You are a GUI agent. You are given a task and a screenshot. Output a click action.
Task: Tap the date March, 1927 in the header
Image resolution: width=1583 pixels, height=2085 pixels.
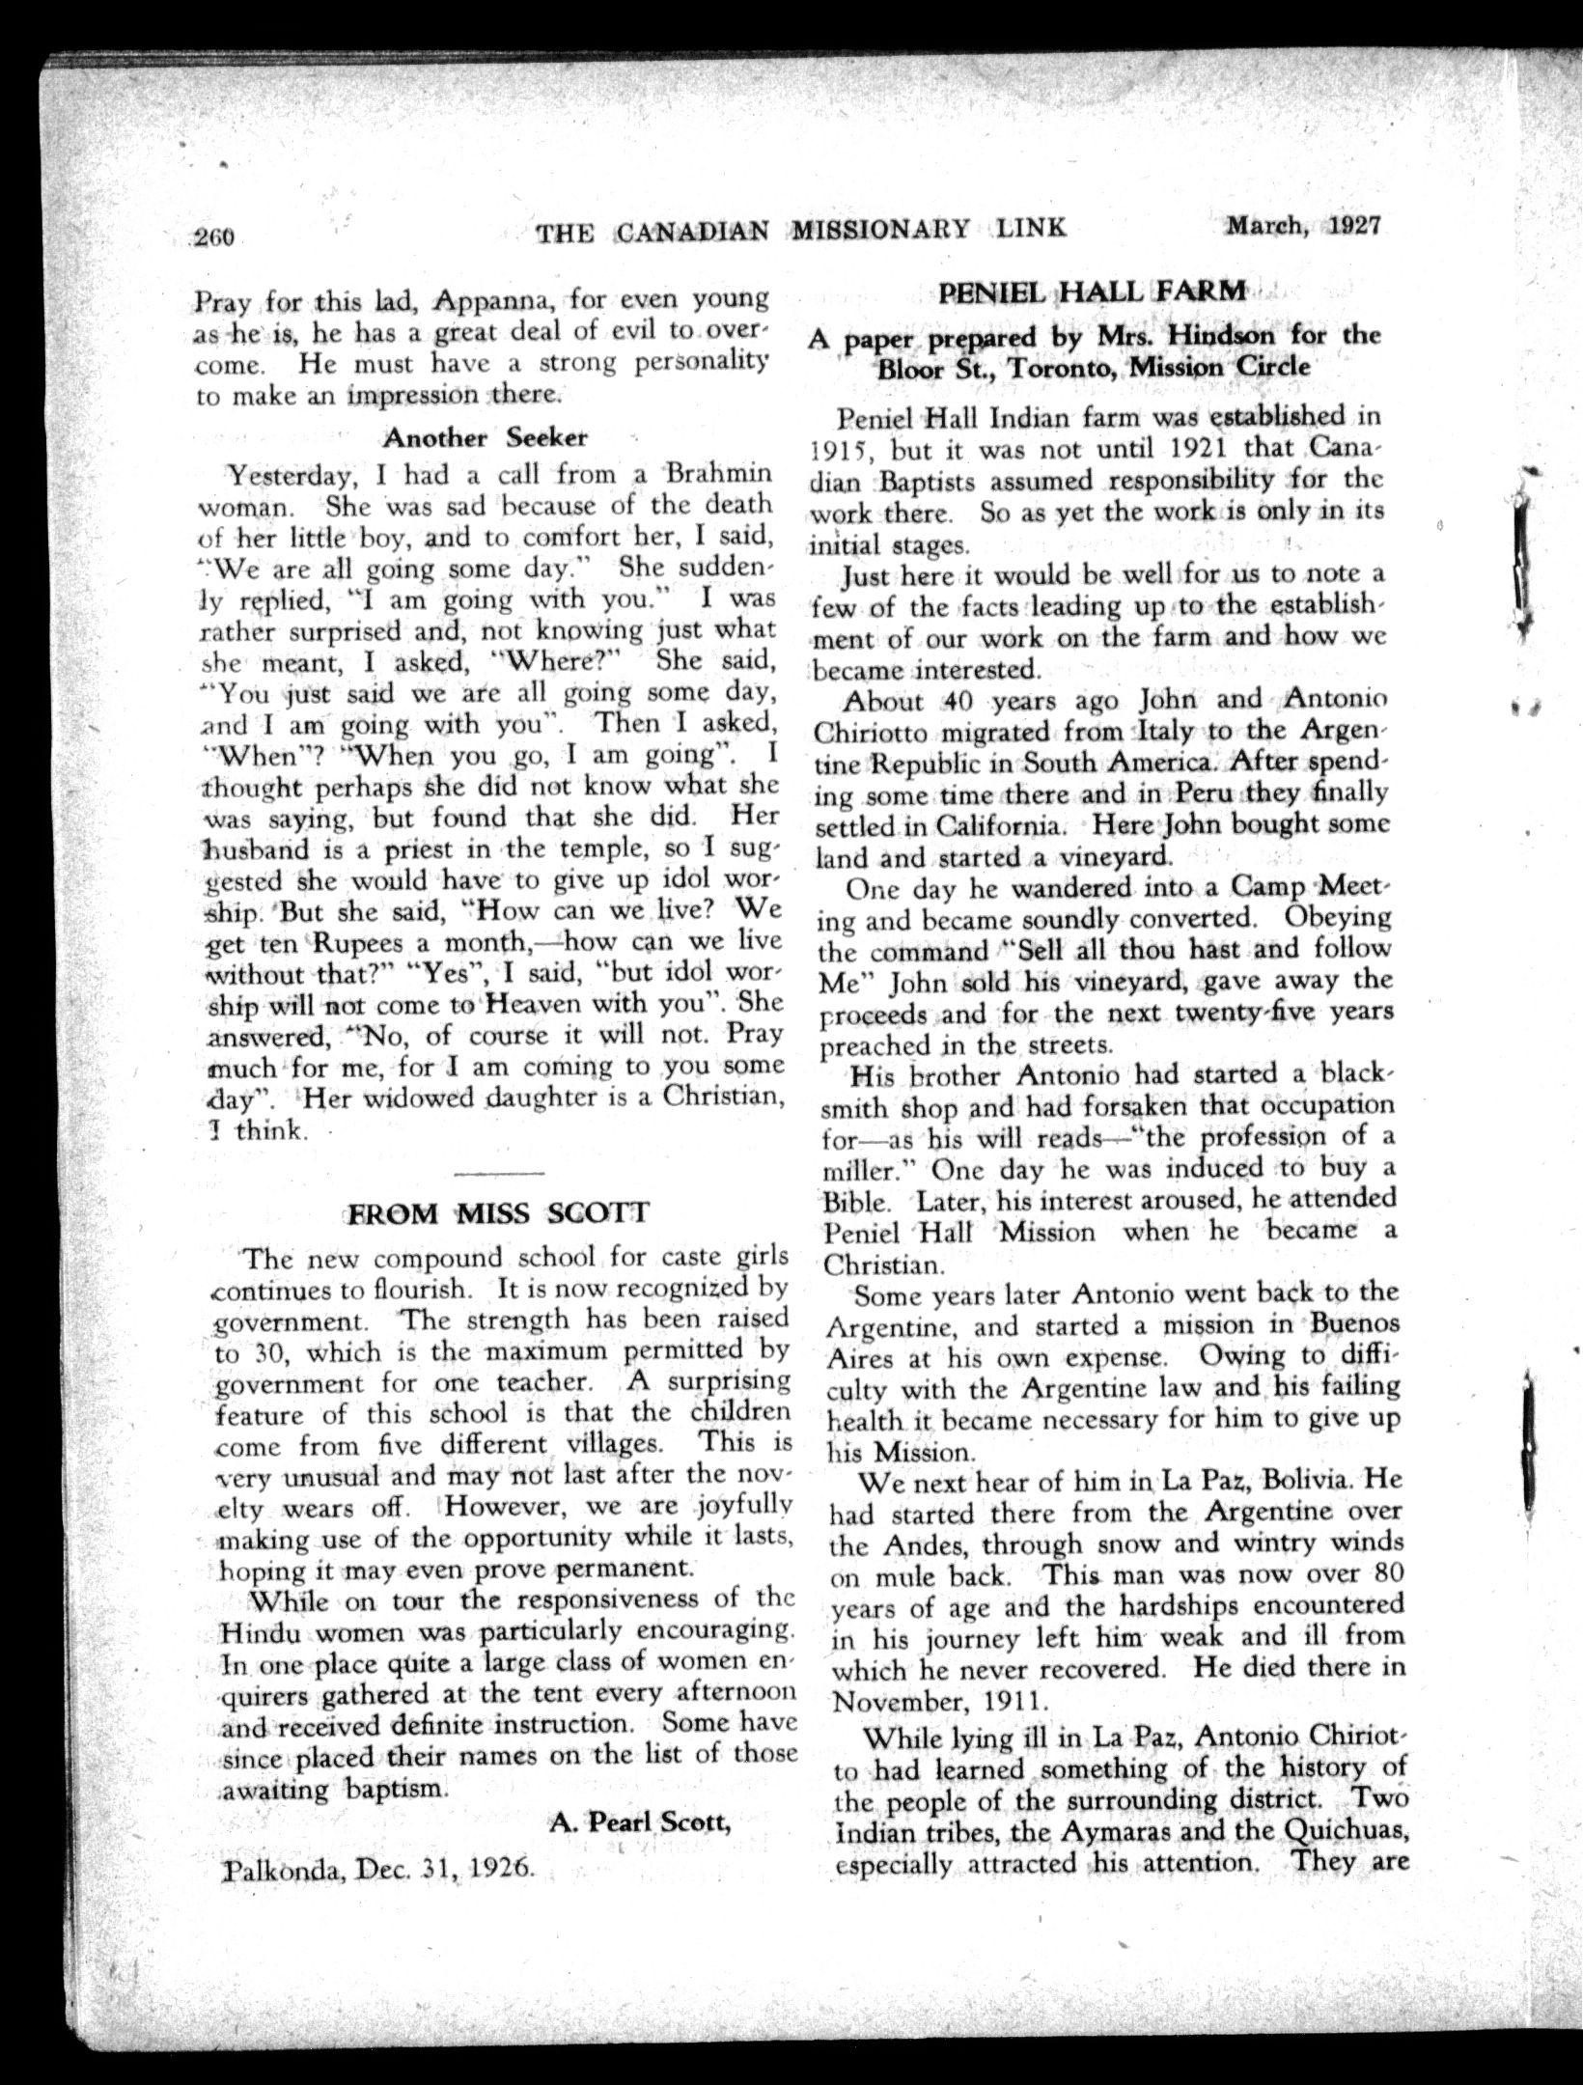(1303, 227)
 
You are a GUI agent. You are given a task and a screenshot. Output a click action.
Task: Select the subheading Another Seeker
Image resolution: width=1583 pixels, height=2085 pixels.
(485, 437)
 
